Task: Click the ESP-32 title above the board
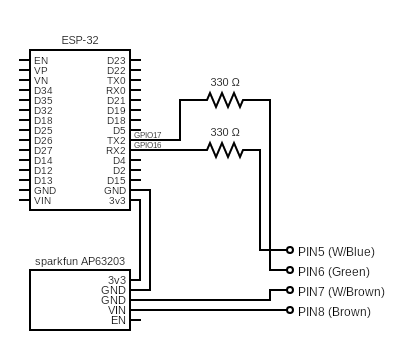pyautogui.click(x=79, y=41)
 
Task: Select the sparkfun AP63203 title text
pyautogui.click(x=79, y=261)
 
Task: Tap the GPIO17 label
pyautogui.click(x=147, y=134)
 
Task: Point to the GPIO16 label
pyautogui.click(x=147, y=145)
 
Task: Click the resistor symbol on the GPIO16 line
pyautogui.click(x=225, y=150)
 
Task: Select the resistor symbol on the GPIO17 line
pyautogui.click(x=225, y=99)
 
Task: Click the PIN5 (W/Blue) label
pyautogui.click(x=336, y=251)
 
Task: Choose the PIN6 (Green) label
pyautogui.click(x=333, y=271)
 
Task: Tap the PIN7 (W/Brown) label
pyautogui.click(x=340, y=291)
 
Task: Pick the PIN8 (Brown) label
pyautogui.click(x=334, y=311)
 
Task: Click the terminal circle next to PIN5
pyautogui.click(x=289, y=251)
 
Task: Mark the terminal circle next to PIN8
pyautogui.click(x=289, y=311)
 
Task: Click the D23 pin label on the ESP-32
pyautogui.click(x=116, y=60)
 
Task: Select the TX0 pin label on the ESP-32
pyautogui.click(x=116, y=80)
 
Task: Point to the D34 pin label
pyautogui.click(x=43, y=90)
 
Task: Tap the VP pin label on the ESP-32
pyautogui.click(x=40, y=70)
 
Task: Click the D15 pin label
pyautogui.click(x=116, y=180)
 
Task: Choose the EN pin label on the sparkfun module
pyautogui.click(x=118, y=320)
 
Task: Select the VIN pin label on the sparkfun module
pyautogui.click(x=117, y=310)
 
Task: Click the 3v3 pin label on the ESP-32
pyautogui.click(x=117, y=200)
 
